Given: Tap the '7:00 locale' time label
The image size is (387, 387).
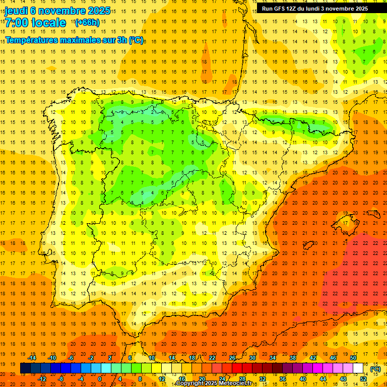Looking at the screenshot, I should pyautogui.click(x=35, y=23).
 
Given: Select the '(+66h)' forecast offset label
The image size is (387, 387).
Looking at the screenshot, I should pyautogui.click(x=87, y=23).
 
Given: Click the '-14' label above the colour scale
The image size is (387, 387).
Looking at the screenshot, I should pyautogui.click(x=32, y=358).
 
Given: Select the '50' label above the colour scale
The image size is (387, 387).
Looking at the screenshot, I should pyautogui.click(x=353, y=358).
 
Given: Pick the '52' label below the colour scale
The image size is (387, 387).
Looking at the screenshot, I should pyautogui.click(x=363, y=379).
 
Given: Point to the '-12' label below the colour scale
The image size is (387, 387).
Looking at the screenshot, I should pyautogui.click(x=43, y=379).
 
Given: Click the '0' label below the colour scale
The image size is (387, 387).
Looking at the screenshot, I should pyautogui.click(x=100, y=379).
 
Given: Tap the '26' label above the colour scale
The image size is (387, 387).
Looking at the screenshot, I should pyautogui.click(x=232, y=358).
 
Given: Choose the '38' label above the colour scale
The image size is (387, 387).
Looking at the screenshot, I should pyautogui.click(x=292, y=358).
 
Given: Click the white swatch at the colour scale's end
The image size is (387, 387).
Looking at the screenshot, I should pyautogui.click(x=358, y=368).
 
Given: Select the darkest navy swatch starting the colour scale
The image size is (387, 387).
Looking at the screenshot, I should pyautogui.click(x=25, y=368).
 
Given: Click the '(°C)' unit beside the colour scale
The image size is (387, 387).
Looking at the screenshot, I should pyautogui.click(x=375, y=369).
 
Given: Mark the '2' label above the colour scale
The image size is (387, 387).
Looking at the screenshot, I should pyautogui.click(x=110, y=358).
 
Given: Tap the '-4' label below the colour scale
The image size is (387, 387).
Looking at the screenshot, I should pyautogui.click(x=81, y=379).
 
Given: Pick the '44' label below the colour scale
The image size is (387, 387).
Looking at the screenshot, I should pyautogui.click(x=323, y=379).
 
